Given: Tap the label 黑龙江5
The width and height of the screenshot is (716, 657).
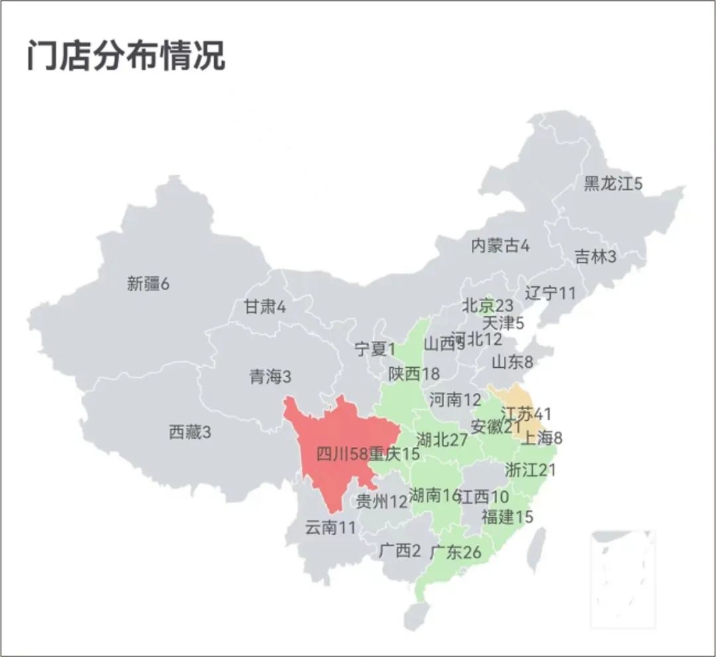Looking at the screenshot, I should [613, 184].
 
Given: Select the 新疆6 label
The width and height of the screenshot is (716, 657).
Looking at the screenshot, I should [149, 284].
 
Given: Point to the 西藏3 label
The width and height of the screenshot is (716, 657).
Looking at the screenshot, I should [190, 433].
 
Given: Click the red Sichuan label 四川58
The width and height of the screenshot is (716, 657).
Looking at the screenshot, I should [341, 455].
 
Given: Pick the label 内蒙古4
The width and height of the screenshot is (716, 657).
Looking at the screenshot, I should [501, 245].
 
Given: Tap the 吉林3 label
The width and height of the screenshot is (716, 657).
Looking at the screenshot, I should [595, 257].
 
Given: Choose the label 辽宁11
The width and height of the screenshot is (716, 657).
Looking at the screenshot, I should [550, 292].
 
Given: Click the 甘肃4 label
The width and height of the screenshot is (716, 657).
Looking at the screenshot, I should [265, 307].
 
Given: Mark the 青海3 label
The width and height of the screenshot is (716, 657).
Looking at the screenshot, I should [270, 377].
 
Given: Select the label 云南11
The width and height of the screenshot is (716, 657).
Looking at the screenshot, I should [330, 528].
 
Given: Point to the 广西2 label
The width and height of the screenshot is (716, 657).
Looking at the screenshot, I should [400, 550].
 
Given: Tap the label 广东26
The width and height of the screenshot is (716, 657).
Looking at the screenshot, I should [455, 552].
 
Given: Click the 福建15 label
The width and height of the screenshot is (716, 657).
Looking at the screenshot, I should [507, 517].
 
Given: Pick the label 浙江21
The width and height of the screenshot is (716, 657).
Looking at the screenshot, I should [530, 470].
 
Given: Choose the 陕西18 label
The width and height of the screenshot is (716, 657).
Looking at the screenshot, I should [414, 374].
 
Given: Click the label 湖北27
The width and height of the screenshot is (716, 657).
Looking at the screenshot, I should [442, 440].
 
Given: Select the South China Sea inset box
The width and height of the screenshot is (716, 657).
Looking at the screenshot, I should [623, 578].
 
